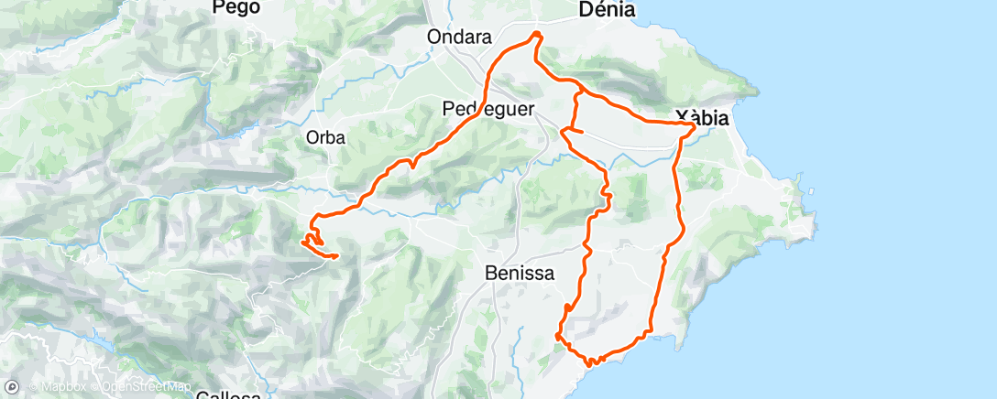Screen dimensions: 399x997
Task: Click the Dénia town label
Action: pyautogui.click(x=608, y=10)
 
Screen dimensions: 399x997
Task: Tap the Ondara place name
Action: pyautogui.click(x=460, y=38)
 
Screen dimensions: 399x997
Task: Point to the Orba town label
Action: pyautogui.click(x=325, y=138)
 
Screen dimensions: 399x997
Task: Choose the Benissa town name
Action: pyautogui.click(x=514, y=272)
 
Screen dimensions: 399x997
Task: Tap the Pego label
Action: pyautogui.click(x=236, y=7)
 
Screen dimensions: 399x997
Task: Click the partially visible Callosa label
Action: pyautogui.click(x=228, y=394)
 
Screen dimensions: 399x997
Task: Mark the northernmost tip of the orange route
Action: pyautogui.click(x=537, y=34)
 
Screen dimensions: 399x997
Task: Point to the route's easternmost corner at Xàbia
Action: pyautogui.click(x=694, y=125)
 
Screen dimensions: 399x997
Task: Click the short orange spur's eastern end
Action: pyautogui.click(x=583, y=134)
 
